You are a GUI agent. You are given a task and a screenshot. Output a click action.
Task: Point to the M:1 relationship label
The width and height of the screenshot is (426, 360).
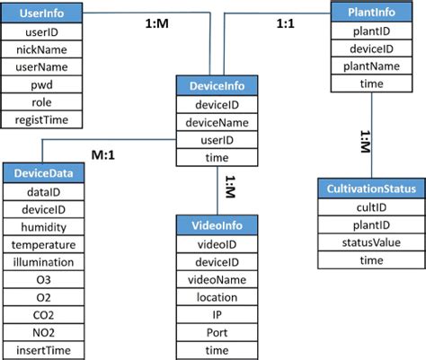pyautogui.click(x=108, y=154)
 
